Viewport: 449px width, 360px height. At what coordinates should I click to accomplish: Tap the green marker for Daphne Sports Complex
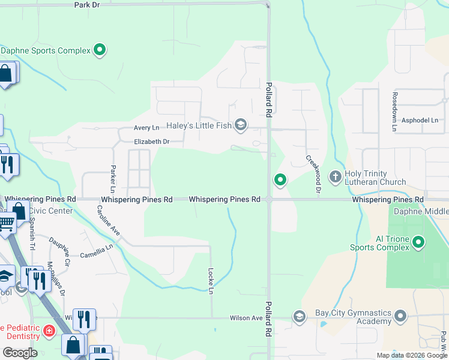(x=100, y=50)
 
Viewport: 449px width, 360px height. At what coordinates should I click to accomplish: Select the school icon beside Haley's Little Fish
(x=240, y=125)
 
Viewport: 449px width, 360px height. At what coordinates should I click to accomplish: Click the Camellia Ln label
(x=97, y=251)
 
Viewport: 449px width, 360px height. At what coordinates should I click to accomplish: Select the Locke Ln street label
(x=211, y=281)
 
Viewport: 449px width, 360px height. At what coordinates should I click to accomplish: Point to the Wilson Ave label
(x=246, y=318)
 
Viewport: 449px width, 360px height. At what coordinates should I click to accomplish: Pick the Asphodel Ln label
(x=420, y=120)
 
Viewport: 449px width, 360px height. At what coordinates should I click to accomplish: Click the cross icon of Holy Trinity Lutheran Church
(x=336, y=177)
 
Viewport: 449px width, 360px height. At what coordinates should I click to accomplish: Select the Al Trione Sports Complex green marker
(x=418, y=243)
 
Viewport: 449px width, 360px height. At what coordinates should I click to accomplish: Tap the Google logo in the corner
(x=20, y=353)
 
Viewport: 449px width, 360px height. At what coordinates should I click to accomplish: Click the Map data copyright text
(x=411, y=355)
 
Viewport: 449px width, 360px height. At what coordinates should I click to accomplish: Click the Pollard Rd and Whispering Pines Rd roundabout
(x=269, y=199)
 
